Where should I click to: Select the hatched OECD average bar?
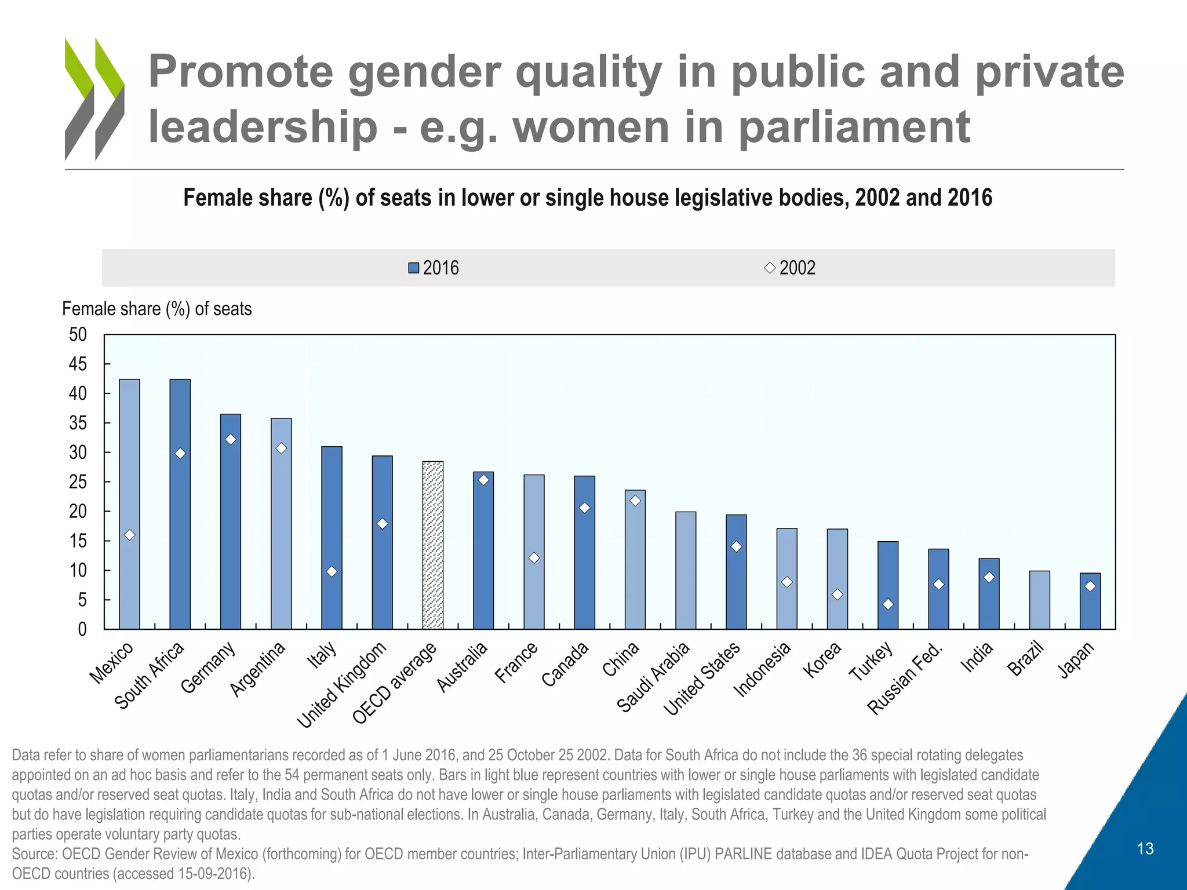[433, 545]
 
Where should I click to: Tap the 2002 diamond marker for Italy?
[332, 572]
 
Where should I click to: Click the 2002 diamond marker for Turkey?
[888, 604]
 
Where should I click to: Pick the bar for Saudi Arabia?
[686, 571]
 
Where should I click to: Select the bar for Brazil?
[1040, 600]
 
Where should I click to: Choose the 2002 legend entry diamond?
[770, 268]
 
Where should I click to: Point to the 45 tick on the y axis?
[78, 364]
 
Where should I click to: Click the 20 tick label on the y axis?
[78, 511]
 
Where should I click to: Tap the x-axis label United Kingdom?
[342, 685]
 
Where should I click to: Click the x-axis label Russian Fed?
[905, 679]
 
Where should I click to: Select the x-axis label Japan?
[1076, 661]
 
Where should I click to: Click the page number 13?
[1145, 849]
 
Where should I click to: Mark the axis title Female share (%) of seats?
[157, 309]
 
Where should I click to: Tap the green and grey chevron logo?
[94, 99]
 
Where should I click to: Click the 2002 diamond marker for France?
[534, 558]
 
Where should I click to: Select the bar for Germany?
[231, 521]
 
